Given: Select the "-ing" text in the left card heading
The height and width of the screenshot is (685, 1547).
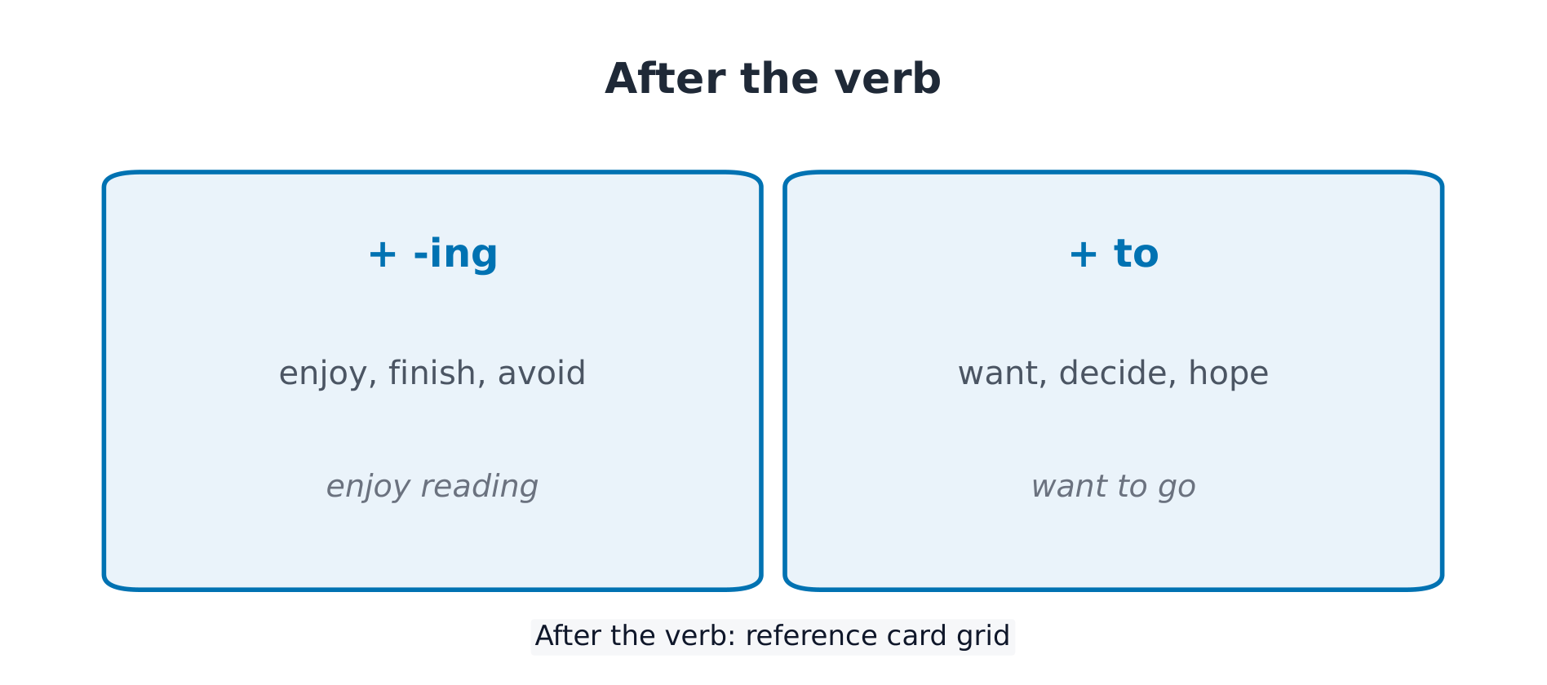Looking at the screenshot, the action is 455,254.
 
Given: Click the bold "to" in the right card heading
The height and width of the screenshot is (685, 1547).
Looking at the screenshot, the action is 1136,254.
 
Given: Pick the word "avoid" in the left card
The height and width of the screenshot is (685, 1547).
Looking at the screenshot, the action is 542,373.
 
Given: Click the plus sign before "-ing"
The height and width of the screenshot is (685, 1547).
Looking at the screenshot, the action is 383,254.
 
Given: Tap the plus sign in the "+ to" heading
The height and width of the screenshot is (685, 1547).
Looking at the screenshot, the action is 1083,254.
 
